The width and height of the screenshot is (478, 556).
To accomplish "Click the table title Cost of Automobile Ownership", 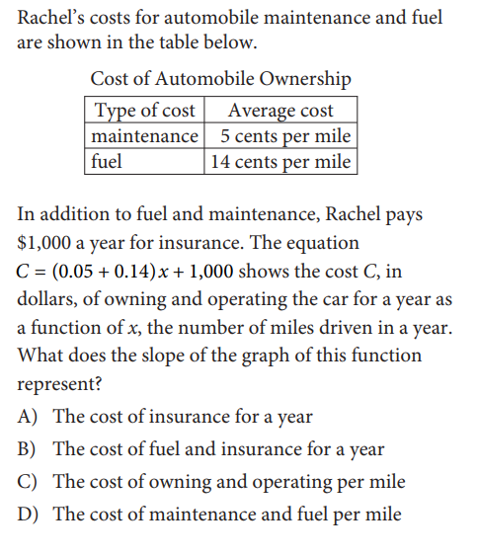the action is [x=220, y=79].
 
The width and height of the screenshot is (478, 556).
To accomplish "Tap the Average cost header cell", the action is [x=280, y=111].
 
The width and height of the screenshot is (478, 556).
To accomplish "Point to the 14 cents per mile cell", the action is [x=280, y=161].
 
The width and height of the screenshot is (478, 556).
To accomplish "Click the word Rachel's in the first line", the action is [x=54, y=18].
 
